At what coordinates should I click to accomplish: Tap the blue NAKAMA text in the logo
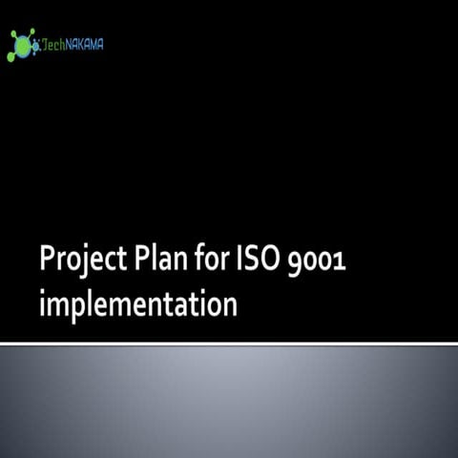[x=86, y=44]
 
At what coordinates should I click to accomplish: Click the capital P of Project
[x=48, y=259]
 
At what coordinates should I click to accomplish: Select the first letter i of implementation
[x=43, y=305]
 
